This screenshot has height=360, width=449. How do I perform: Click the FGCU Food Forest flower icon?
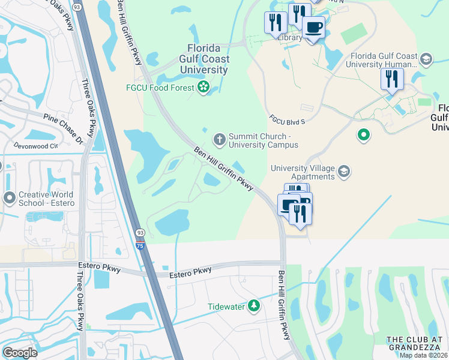(203, 88)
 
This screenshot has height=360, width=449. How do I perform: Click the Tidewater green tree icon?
(255, 306)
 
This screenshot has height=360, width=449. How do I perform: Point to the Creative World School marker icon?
(9, 198)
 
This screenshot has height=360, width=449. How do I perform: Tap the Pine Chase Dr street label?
(62, 127)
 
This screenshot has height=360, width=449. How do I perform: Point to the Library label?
(289, 37)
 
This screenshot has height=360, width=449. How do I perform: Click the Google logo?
(20, 352)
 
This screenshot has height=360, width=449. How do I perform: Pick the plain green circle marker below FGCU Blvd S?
(363, 135)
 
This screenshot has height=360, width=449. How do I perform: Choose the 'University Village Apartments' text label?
(303, 172)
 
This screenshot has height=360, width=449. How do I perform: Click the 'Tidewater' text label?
(226, 307)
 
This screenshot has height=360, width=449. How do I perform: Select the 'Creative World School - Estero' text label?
(46, 199)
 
